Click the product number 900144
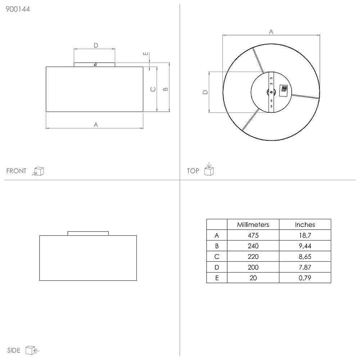[x=18, y=9]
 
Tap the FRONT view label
[x=16, y=171]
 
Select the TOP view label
[x=193, y=171]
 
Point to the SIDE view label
[x=14, y=350]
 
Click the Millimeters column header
[x=253, y=225]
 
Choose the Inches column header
[x=305, y=225]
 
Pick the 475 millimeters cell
[x=253, y=235]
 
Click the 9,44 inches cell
[x=305, y=246]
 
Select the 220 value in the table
[x=253, y=257]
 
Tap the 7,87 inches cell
[x=305, y=267]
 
